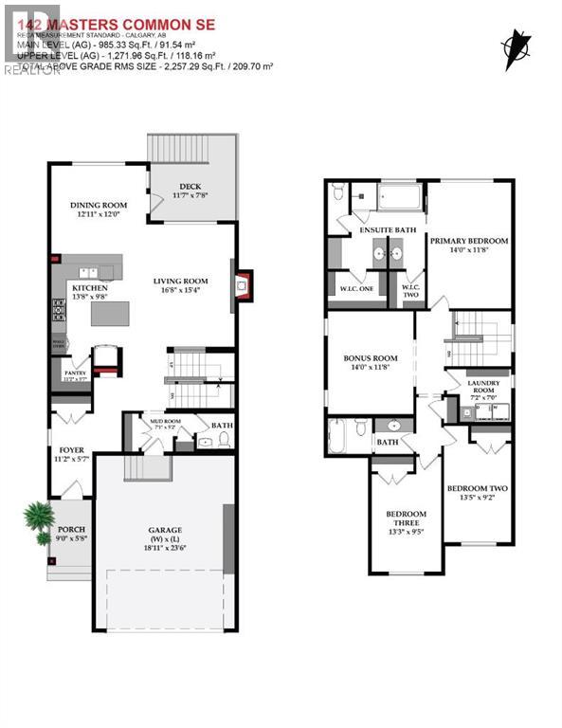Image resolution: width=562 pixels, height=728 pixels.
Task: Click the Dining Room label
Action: click(x=99, y=206)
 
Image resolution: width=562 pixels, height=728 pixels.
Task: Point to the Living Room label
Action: click(x=181, y=281)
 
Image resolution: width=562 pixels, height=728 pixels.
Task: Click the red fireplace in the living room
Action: click(x=244, y=283)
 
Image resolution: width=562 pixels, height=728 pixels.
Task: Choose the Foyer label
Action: click(x=72, y=449)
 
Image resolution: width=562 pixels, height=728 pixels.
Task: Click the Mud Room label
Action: click(x=165, y=423)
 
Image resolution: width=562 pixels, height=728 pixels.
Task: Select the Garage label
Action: click(x=164, y=530)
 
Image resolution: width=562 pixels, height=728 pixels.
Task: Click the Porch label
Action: click(x=72, y=530)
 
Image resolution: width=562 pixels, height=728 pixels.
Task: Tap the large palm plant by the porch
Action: click(x=37, y=516)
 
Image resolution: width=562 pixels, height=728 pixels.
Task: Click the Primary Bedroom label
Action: click(x=468, y=241)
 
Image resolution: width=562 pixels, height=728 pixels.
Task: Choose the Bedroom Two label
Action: click(x=477, y=489)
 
